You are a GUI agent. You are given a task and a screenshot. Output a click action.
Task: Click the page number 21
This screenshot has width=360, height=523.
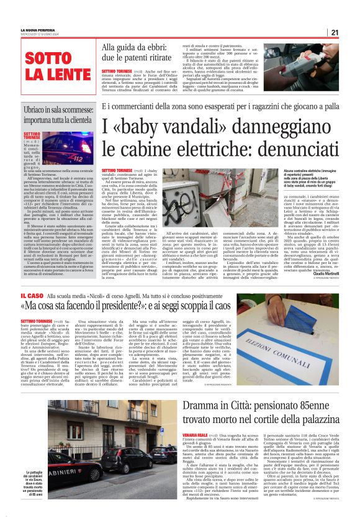[351, 32]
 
